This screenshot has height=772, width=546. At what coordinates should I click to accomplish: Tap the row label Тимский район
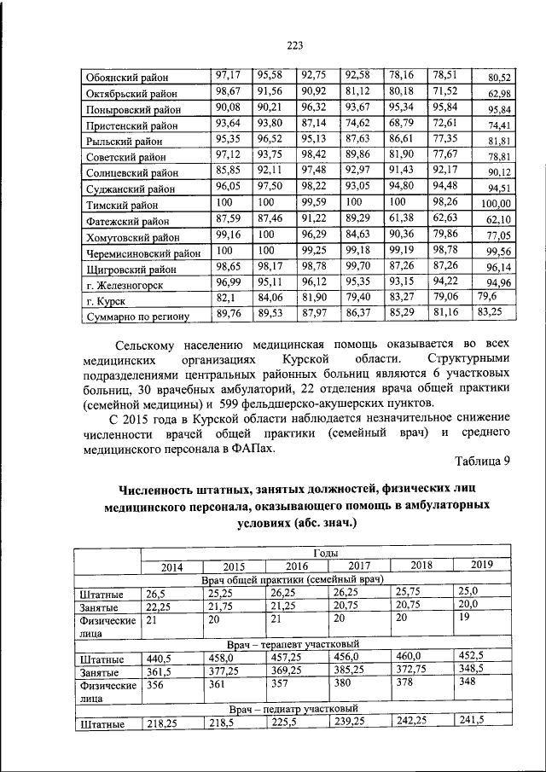click(x=121, y=205)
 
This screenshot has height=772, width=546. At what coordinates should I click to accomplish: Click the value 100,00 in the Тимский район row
click(x=495, y=205)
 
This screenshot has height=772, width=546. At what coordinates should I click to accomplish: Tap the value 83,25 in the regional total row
click(x=490, y=312)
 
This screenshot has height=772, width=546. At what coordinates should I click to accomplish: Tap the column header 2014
click(x=171, y=566)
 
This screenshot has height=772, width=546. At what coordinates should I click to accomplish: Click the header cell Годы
click(x=327, y=554)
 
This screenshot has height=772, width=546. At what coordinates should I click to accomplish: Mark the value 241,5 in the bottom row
click(x=471, y=720)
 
